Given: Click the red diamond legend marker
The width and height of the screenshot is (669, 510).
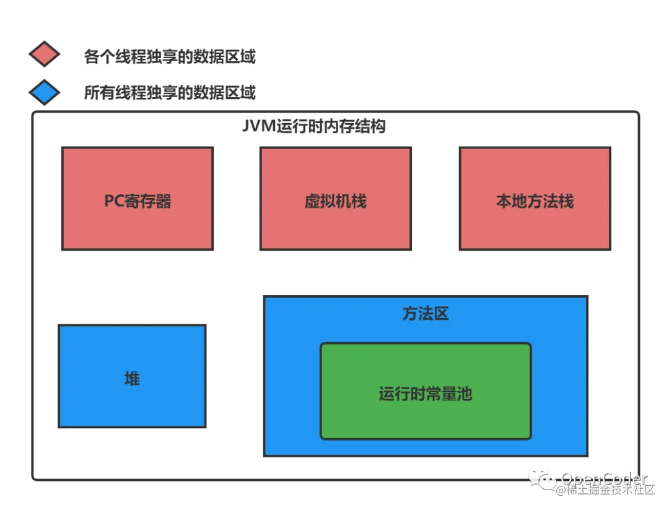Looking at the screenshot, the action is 45,54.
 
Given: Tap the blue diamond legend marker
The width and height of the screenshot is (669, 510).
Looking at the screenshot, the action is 45,93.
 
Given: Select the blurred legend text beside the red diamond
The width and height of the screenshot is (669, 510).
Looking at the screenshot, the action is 169,55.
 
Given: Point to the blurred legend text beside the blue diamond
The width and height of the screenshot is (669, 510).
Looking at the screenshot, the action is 169,93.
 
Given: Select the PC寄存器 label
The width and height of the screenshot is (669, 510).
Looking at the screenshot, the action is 138,201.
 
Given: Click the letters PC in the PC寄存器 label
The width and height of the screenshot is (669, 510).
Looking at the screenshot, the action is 114,201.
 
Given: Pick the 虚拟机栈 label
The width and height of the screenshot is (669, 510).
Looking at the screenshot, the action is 335,201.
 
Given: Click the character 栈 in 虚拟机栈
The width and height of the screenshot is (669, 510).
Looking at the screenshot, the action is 359,201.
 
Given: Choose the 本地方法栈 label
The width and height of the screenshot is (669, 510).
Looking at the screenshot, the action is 535,201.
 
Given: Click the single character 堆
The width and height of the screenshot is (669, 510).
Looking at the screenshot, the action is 132,378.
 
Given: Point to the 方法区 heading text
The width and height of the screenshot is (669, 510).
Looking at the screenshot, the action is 426,314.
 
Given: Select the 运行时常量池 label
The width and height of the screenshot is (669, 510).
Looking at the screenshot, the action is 426,394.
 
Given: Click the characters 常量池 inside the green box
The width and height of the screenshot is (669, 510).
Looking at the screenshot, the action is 448,394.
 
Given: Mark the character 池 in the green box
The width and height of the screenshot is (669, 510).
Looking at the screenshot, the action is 465,394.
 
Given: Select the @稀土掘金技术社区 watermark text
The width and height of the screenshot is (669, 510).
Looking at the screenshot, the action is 604,490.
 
